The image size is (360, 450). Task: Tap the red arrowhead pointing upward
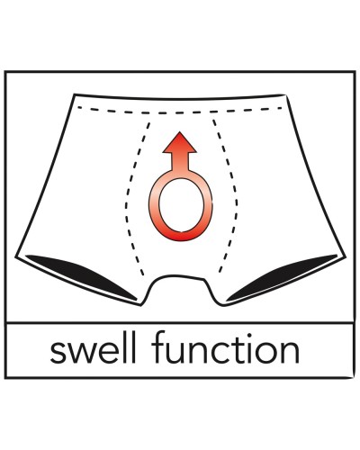(179, 142)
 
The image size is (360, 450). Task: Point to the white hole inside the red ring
(181, 206)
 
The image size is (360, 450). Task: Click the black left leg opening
(81, 275)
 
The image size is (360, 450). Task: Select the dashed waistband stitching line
(180, 112)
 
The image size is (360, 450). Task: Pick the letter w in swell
(84, 353)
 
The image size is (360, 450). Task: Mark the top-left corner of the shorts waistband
(75, 94)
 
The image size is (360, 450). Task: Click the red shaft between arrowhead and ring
(179, 162)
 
